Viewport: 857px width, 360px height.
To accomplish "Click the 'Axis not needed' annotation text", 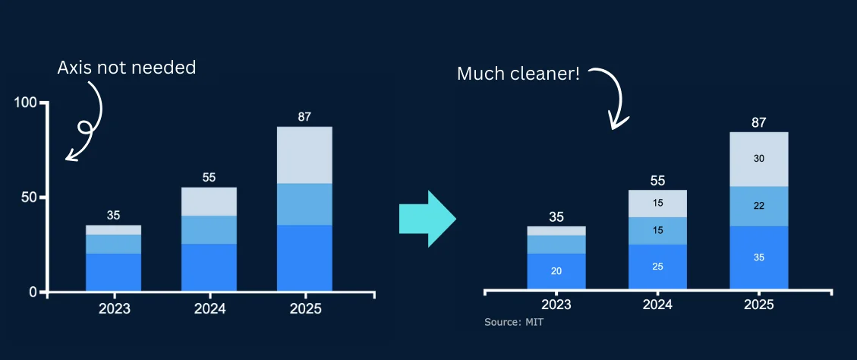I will click(126, 68).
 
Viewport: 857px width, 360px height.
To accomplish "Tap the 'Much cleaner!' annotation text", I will click(518, 74).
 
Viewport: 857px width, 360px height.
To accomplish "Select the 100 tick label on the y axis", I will click(27, 103).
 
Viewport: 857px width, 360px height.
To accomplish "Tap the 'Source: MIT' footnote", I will click(514, 323).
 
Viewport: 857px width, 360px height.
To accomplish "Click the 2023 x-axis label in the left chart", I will click(114, 309).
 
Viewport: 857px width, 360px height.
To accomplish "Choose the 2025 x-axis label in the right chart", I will click(758, 305).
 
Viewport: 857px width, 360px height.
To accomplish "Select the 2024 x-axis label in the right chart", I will click(657, 305).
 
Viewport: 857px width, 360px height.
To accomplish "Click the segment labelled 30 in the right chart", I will click(758, 159).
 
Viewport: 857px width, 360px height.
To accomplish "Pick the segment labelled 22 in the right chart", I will click(758, 206).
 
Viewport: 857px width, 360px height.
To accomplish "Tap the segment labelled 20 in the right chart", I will click(556, 271).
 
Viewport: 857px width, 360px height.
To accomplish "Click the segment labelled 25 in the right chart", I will click(657, 267).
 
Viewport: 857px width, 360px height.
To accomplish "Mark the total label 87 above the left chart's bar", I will click(304, 117).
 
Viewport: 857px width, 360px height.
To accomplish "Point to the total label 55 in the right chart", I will click(657, 181).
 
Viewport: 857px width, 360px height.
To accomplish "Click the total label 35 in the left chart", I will click(113, 215).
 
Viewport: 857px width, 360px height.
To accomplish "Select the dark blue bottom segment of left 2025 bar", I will click(304, 257).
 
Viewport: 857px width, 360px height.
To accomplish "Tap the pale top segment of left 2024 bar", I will click(209, 201).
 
